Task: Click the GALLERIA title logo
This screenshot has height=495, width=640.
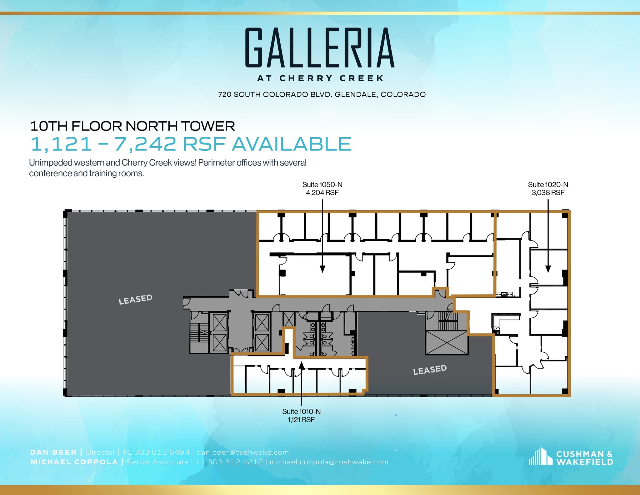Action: [319, 48]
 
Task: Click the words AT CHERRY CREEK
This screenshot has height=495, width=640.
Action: [320, 78]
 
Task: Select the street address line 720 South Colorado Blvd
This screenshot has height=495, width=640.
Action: [322, 94]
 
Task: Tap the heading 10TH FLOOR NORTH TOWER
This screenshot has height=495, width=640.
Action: [132, 126]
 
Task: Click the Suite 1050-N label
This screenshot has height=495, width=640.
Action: [322, 185]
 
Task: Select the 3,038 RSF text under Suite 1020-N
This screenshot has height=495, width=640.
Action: [548, 193]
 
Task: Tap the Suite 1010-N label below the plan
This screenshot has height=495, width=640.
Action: [301, 412]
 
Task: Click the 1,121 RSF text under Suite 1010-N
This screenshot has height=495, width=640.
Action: [301, 420]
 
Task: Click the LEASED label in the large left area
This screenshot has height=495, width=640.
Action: [135, 300]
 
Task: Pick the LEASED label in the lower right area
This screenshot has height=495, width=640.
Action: [430, 370]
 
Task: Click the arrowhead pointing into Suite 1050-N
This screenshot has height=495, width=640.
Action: [322, 269]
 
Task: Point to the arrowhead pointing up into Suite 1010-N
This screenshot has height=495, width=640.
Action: [301, 365]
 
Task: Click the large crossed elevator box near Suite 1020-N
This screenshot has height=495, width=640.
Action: [447, 343]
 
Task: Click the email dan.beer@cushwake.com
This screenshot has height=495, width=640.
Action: [242, 452]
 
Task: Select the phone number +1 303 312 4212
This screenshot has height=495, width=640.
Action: [229, 462]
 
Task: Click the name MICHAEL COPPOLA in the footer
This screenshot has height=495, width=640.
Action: [74, 462]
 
